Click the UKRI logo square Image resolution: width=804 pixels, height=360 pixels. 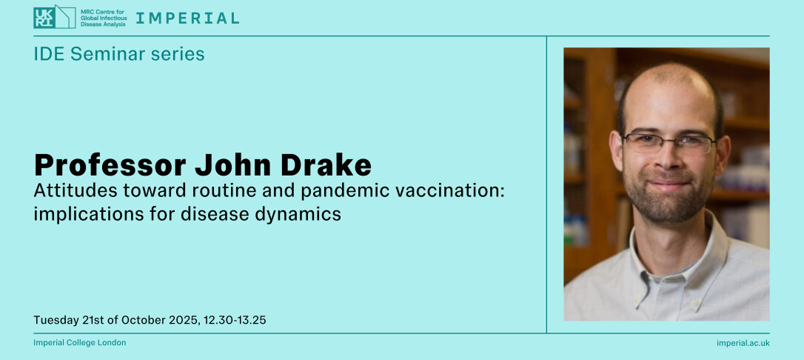tap(44, 18)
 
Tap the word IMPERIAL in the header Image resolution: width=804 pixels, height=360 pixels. tap(187, 19)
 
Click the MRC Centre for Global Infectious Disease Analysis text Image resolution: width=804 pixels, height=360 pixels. tap(103, 18)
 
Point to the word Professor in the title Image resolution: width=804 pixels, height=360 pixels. tap(110, 164)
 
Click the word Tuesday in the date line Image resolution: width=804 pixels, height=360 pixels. tap(56, 321)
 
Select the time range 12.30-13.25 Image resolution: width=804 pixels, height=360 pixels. tap(235, 321)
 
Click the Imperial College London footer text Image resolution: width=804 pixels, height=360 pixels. tap(79, 342)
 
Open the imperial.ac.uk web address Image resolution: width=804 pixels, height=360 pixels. tap(743, 343)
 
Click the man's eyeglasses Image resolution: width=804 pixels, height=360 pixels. tap(669, 143)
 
